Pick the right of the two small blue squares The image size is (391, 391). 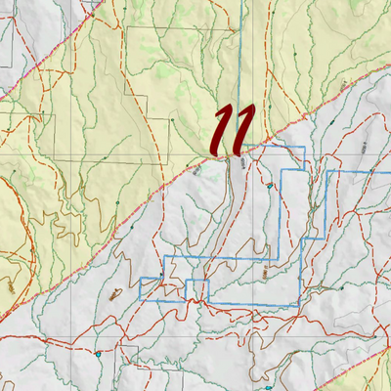(x=197, y=290)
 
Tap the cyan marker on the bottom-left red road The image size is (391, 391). (x=100, y=353)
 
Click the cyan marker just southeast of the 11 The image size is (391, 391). (x=268, y=182)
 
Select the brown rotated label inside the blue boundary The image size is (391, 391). (x=265, y=274)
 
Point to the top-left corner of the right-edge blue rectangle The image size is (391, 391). (x=327, y=171)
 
